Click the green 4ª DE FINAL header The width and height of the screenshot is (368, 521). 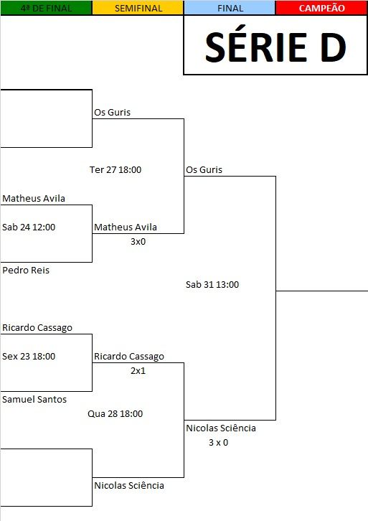coord(46,8)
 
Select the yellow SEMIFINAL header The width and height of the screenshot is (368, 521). coord(138,8)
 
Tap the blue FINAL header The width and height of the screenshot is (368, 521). coord(230,8)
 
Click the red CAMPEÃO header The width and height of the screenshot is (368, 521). coord(321,8)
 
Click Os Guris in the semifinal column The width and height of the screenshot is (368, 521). coord(112,112)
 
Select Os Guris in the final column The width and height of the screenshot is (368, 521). coord(204,170)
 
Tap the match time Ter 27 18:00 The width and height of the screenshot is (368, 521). coord(115,170)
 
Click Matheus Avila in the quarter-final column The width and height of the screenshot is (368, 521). coord(34,198)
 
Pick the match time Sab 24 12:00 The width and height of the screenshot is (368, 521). coord(29,227)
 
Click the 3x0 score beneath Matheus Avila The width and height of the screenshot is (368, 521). coord(138,242)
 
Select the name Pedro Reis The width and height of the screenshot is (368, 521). coord(26,270)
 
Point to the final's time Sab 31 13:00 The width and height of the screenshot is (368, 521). coord(212,284)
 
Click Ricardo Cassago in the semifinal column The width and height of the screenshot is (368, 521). coord(129,357)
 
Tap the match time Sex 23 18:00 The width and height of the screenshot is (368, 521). coord(29,356)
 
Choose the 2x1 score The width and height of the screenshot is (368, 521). coord(138,370)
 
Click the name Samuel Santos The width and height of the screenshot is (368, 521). coord(34,400)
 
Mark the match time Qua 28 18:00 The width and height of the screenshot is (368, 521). coord(115,413)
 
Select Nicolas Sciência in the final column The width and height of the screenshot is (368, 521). coord(221,428)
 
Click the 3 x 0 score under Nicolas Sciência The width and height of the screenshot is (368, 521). coord(219,443)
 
